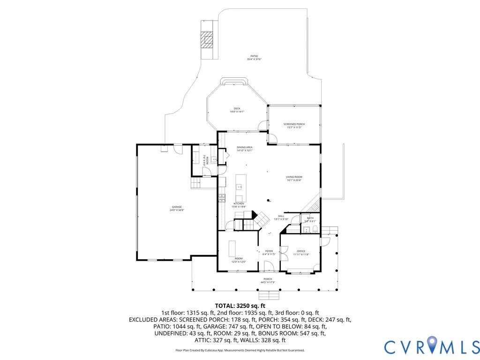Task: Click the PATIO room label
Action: tap(254, 56)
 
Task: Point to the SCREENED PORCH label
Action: tap(294, 124)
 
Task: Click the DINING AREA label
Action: tap(244, 148)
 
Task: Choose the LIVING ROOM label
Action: tap(294, 177)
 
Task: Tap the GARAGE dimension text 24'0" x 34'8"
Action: tap(176, 210)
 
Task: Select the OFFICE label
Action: tap(300, 251)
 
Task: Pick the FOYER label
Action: tap(269, 251)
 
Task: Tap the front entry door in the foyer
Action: tap(269, 267)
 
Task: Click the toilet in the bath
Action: tap(315, 229)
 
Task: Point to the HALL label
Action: tap(281, 216)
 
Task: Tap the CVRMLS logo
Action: tap(431, 346)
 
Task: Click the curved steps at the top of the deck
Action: tap(234, 82)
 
